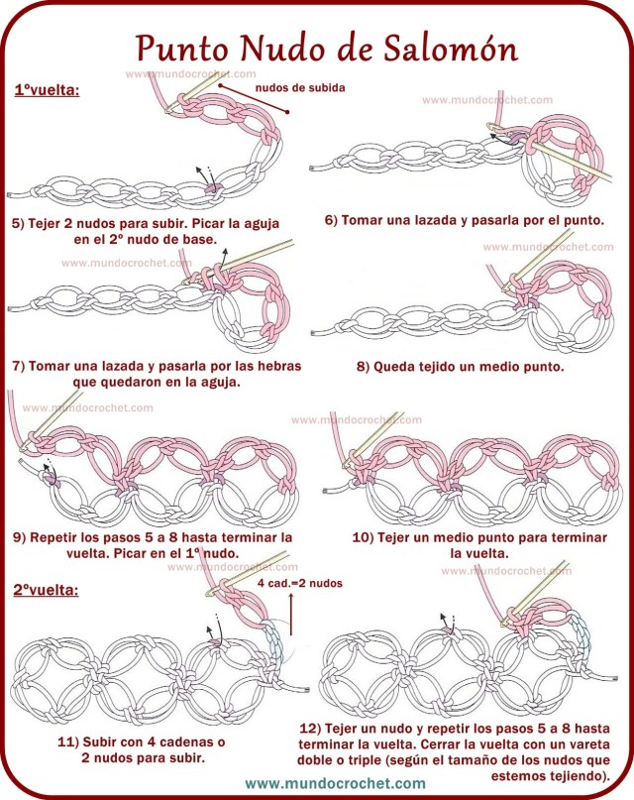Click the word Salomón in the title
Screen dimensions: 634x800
point(450,49)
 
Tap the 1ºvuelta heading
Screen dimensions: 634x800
point(47,90)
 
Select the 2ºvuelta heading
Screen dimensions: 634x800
point(46,590)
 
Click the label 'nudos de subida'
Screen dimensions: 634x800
point(300,88)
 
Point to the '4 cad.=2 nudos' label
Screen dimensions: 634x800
point(300,583)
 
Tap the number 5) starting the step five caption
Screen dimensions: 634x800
point(19,223)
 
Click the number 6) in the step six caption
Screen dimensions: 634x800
point(331,220)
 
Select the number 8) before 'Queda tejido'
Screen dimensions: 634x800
point(363,367)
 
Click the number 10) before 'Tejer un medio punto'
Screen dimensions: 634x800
point(363,537)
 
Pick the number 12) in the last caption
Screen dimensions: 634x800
point(310,728)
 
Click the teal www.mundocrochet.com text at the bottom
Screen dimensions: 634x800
point(336,783)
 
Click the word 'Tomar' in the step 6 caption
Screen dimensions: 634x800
point(360,220)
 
